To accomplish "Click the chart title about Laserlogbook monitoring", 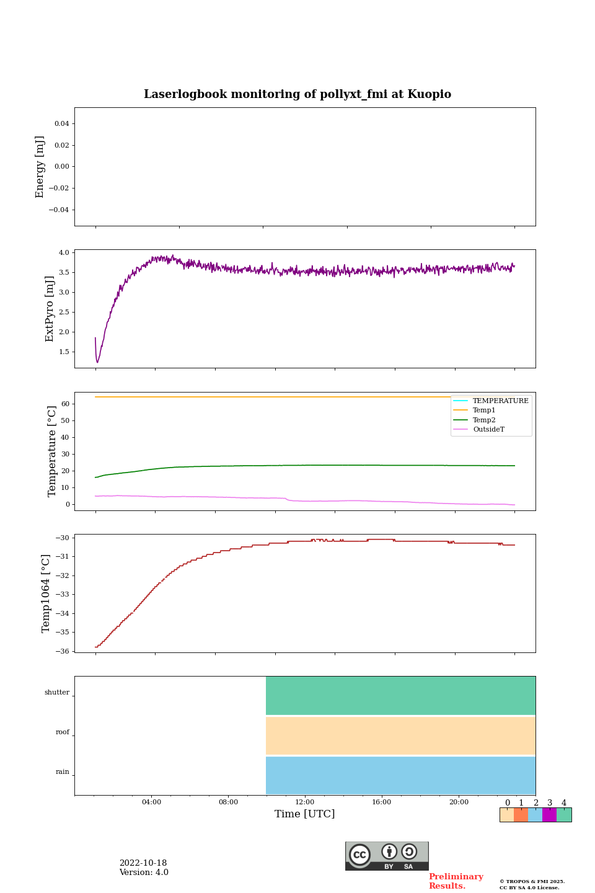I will pyautogui.click(x=297, y=94).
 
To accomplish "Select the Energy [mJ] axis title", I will pyautogui.click(x=40, y=167).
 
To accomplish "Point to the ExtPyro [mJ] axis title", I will pyautogui.click(x=50, y=309).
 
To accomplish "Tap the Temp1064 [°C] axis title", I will pyautogui.click(x=46, y=593).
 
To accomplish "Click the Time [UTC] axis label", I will pyautogui.click(x=304, y=814).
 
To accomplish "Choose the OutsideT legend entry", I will pyautogui.click(x=488, y=430).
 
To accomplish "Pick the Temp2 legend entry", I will pyautogui.click(x=484, y=420).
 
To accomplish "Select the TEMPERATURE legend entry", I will pyautogui.click(x=500, y=401).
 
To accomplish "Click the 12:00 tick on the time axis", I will pyautogui.click(x=305, y=802).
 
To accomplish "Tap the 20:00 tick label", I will pyautogui.click(x=459, y=802).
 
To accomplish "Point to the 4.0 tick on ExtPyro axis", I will pyautogui.click(x=64, y=252).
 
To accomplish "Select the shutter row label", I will pyautogui.click(x=57, y=693).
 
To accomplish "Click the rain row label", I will pyautogui.click(x=63, y=772).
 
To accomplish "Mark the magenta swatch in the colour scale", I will pyautogui.click(x=549, y=815).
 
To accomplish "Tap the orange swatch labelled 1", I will pyautogui.click(x=521, y=815).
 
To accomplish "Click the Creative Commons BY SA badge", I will pyautogui.click(x=387, y=856).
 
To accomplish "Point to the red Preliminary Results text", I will pyautogui.click(x=456, y=881).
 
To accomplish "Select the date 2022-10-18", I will pyautogui.click(x=143, y=863).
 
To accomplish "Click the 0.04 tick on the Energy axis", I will pyautogui.click(x=61, y=124).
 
